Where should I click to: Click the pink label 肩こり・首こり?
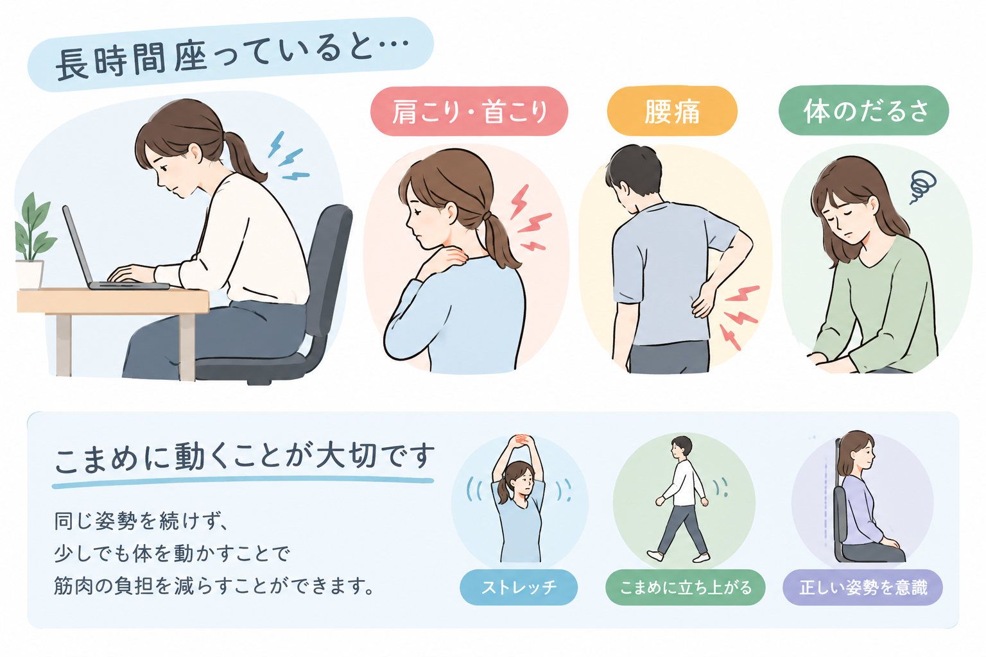pyautogui.click(x=469, y=112)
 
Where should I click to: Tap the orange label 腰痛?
pyautogui.click(x=672, y=111)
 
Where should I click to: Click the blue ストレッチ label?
pyautogui.click(x=519, y=587)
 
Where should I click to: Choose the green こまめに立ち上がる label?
pyautogui.click(x=686, y=587)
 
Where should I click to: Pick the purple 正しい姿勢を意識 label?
pyautogui.click(x=863, y=588)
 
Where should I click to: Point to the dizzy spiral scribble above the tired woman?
pyautogui.click(x=922, y=187)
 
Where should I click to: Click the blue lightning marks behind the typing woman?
pyautogui.click(x=288, y=156)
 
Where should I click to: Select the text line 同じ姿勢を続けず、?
pyautogui.click(x=140, y=522)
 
